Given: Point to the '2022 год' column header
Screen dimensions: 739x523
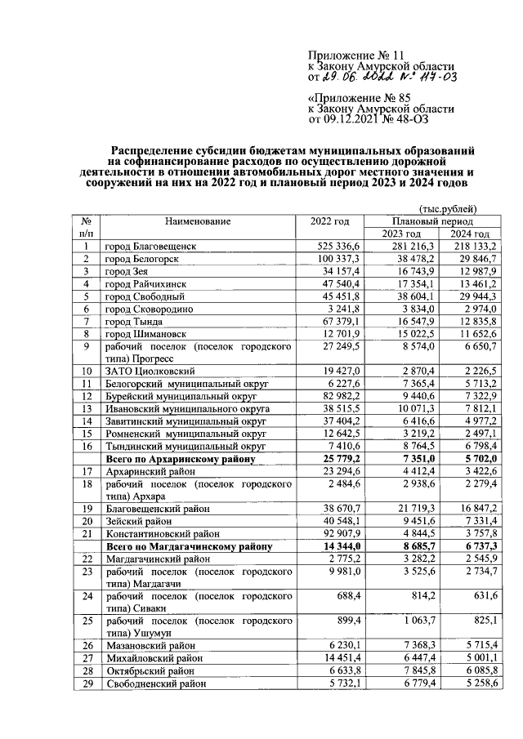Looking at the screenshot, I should pyautogui.click(x=330, y=221).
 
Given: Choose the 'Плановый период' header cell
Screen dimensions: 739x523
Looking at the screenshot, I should pyautogui.click(x=433, y=221).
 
